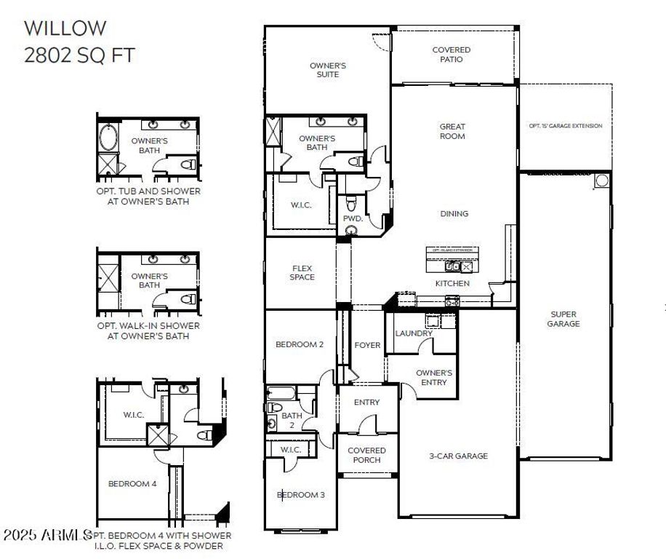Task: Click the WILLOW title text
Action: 65,28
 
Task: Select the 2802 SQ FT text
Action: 79,55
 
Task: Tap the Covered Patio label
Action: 452,55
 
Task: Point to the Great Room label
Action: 452,131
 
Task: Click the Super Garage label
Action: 563,319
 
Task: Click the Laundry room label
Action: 414,333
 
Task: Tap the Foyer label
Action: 367,345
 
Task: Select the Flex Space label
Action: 302,272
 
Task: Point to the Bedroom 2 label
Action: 299,345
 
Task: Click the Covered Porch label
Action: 366,456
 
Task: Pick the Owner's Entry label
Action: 434,378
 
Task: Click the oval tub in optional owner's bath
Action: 108,137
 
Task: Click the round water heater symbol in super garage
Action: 601,181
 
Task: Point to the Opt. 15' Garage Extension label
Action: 565,126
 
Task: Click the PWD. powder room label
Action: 353,218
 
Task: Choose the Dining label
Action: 454,214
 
